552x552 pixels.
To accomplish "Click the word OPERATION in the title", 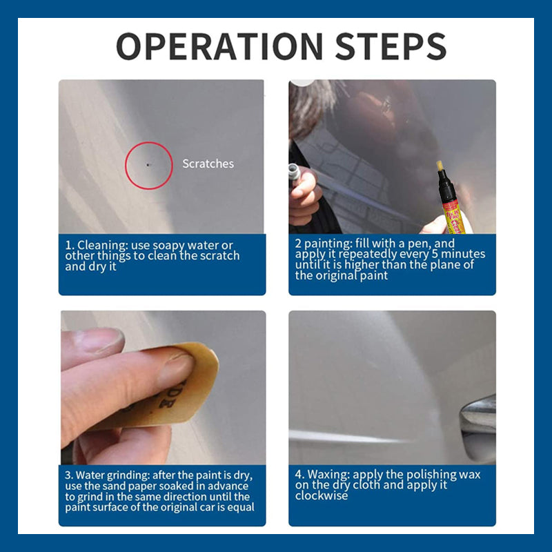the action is point(219,46).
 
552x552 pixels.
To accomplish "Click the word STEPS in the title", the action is point(391,46).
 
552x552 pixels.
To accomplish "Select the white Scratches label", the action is point(208,164).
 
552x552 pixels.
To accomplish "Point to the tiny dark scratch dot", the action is point(148,164).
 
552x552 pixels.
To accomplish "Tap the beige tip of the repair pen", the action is point(440,166).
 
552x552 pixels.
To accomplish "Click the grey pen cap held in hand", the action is point(294,172).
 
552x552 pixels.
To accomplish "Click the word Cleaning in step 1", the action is point(102,246).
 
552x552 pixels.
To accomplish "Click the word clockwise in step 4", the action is point(321,495).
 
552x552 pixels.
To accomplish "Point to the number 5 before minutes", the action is point(435,254).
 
